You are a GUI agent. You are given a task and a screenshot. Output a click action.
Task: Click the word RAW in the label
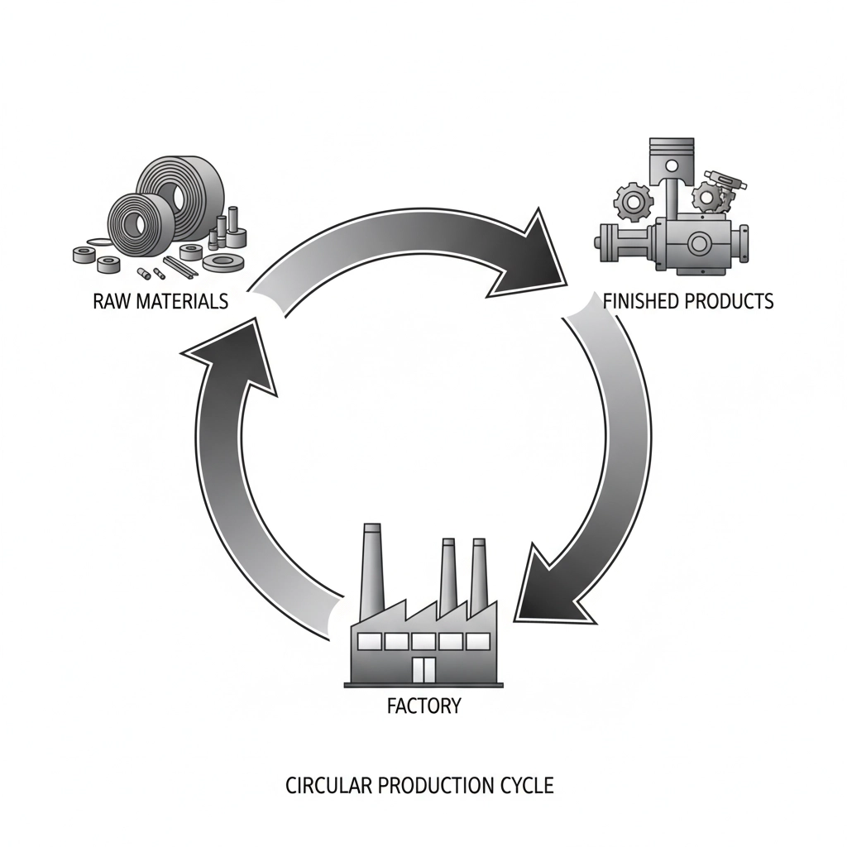tap(110, 301)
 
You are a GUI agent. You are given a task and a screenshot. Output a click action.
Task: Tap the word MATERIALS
tap(179, 301)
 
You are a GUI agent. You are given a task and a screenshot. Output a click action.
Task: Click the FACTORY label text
tap(423, 707)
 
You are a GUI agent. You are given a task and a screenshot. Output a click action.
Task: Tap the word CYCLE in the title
tap(525, 785)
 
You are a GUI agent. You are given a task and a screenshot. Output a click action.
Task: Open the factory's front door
tap(423, 670)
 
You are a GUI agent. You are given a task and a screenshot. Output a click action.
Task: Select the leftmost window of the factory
tap(370, 641)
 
